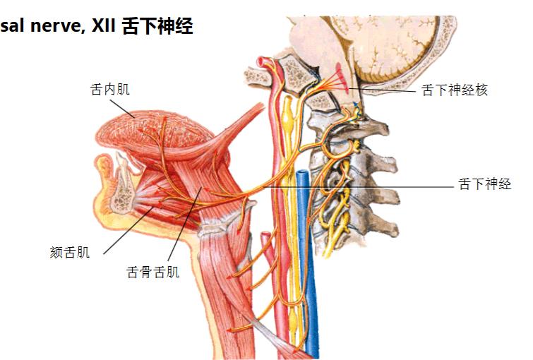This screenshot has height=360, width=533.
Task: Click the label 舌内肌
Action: click(x=110, y=90)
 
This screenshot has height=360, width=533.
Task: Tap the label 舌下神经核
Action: click(x=455, y=90)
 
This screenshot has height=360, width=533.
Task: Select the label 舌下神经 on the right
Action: click(x=485, y=184)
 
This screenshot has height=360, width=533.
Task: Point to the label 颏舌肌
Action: click(x=70, y=253)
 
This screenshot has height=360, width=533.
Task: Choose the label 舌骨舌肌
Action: click(x=152, y=272)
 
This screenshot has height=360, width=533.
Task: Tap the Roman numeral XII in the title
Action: click(x=104, y=26)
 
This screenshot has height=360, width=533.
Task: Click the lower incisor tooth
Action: click(x=121, y=172)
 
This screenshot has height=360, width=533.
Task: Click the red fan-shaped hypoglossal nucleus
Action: click(x=341, y=78)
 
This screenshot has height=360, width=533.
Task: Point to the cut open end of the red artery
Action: click(x=261, y=61)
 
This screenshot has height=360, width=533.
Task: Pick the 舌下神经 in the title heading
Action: click(x=157, y=26)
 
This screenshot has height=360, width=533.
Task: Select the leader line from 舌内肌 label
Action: click(x=122, y=109)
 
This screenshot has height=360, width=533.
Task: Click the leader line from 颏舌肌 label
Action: click(x=128, y=231)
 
